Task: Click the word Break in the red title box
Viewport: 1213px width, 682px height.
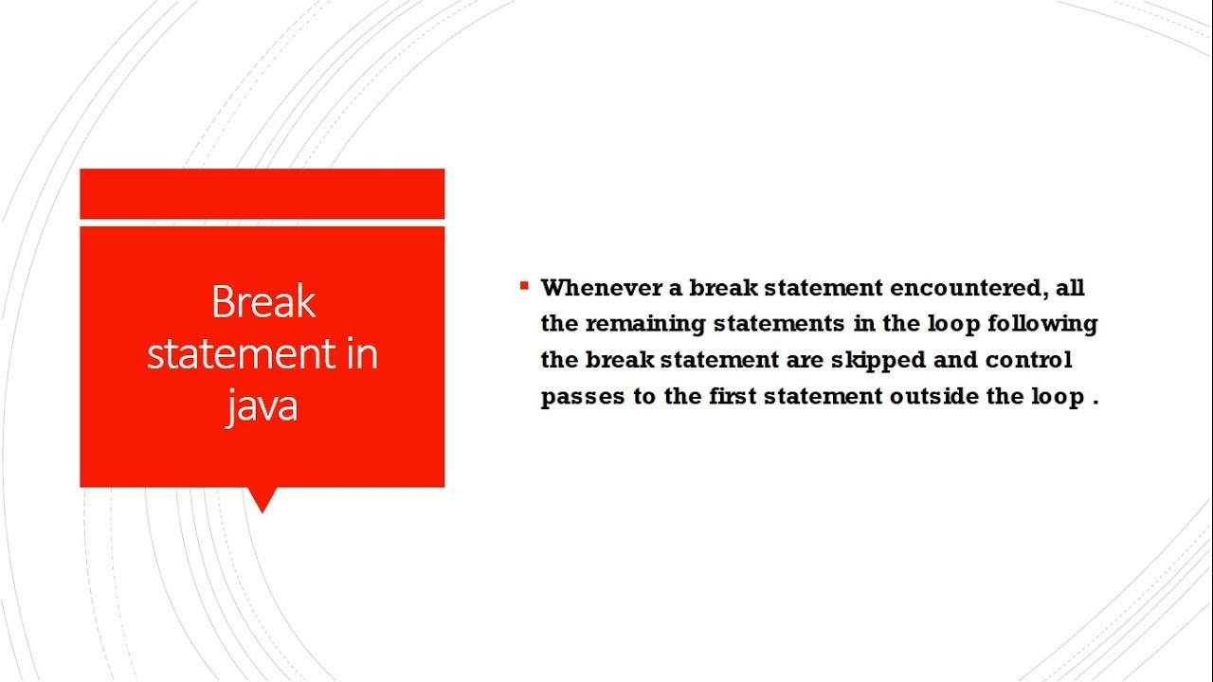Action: pyautogui.click(x=263, y=302)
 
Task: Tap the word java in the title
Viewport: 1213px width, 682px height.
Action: pyautogui.click(x=263, y=404)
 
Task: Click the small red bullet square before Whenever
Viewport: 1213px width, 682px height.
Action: pyautogui.click(x=524, y=285)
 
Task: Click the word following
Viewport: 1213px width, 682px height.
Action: pyautogui.click(x=1041, y=324)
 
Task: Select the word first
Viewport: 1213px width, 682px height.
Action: pyautogui.click(x=733, y=397)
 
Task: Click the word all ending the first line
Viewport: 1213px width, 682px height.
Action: pyautogui.click(x=1070, y=287)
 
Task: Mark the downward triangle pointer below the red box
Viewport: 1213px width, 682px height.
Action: pyautogui.click(x=262, y=498)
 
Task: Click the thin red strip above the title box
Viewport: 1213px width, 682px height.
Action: pyautogui.click(x=262, y=193)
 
